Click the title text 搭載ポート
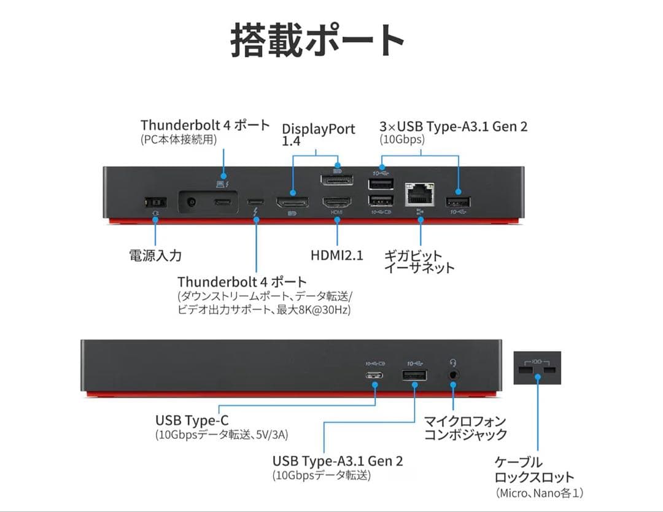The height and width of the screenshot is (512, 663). [317, 41]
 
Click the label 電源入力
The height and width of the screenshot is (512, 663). [155, 255]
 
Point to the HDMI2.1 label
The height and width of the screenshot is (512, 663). [336, 255]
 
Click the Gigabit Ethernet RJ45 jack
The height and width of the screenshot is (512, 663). [420, 193]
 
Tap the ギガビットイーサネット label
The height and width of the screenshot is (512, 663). [419, 262]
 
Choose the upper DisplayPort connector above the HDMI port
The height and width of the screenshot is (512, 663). [336, 181]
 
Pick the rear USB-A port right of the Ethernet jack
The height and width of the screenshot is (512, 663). [458, 202]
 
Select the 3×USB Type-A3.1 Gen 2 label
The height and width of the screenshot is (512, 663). [453, 127]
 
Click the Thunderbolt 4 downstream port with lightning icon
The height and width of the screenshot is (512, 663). [255, 202]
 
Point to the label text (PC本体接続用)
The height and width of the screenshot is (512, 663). [179, 140]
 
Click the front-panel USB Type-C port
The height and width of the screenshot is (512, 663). [375, 376]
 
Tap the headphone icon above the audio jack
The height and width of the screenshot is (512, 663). [453, 362]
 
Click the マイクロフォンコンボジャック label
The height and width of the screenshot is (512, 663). [465, 428]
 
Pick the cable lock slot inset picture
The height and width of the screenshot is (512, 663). [537, 368]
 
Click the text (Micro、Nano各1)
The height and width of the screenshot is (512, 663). [539, 492]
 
